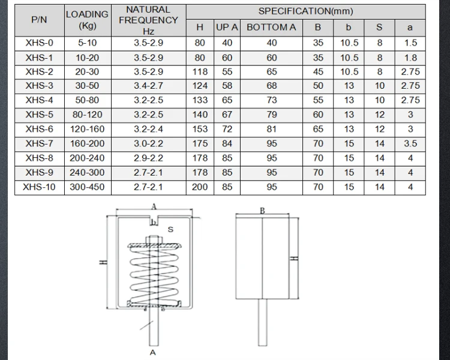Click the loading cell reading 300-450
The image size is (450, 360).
pyautogui.click(x=88, y=187)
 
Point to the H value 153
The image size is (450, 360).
pyautogui.click(x=200, y=130)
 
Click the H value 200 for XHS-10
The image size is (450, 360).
pyautogui.click(x=200, y=187)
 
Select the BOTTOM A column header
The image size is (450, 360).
pyautogui.click(x=272, y=27)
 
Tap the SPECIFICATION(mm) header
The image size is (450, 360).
pyautogui.click(x=305, y=11)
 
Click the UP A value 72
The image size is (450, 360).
pyautogui.click(x=227, y=130)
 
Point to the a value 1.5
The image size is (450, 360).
pyautogui.click(x=410, y=43)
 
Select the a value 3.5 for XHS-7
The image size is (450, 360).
pyautogui.click(x=410, y=144)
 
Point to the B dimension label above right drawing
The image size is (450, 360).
pyautogui.click(x=263, y=211)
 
